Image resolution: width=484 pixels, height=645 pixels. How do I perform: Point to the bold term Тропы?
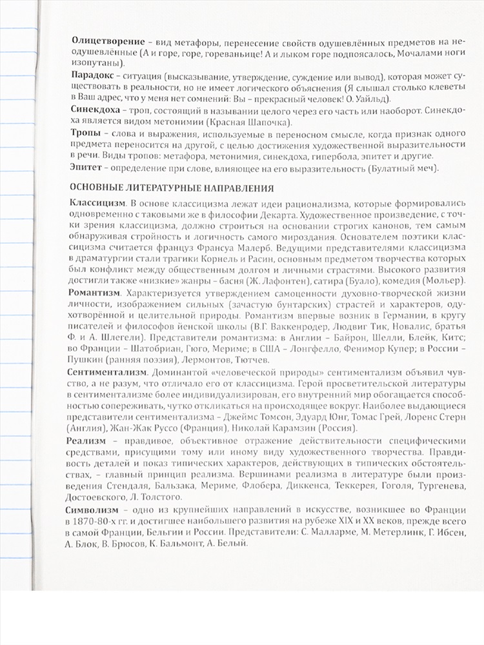click(x=85, y=132)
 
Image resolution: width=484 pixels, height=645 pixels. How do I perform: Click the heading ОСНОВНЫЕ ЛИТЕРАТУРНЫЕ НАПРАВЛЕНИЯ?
click(x=174, y=189)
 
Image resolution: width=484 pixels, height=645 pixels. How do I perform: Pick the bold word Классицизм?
click(x=97, y=204)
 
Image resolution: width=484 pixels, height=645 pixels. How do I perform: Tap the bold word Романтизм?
click(x=94, y=293)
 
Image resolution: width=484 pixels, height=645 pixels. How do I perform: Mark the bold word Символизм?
click(x=94, y=510)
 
